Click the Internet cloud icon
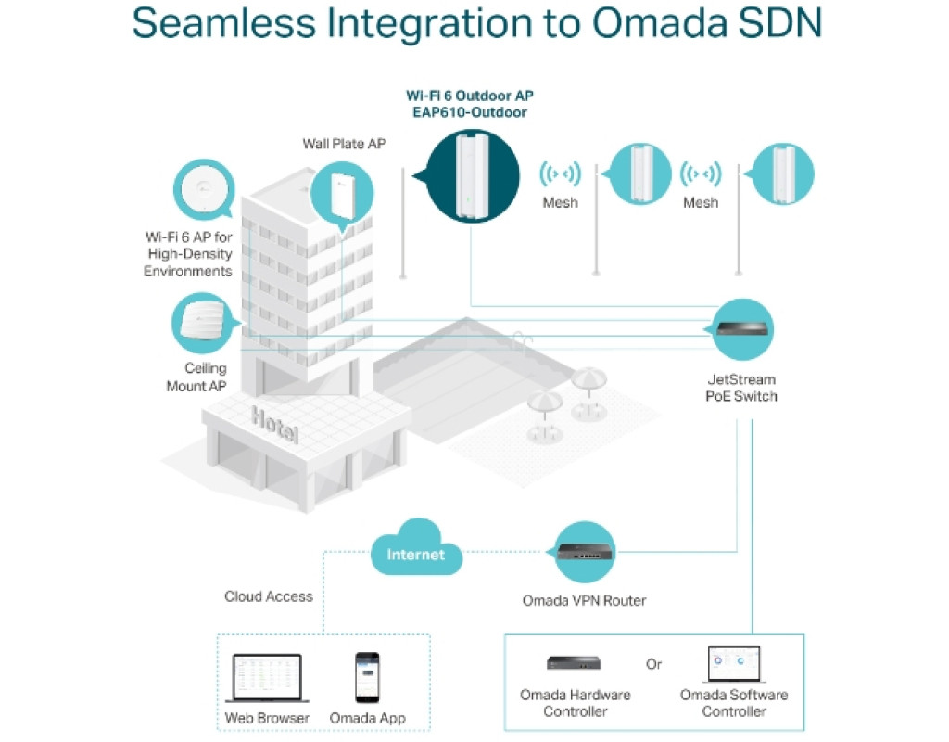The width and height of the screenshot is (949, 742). (416, 554)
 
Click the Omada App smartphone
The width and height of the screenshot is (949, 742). (367, 677)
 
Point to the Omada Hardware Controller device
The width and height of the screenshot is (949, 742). (575, 663)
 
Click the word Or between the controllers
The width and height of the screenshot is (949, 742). (654, 665)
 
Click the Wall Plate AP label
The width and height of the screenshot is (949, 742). (344, 144)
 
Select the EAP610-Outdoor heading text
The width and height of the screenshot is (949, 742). (470, 113)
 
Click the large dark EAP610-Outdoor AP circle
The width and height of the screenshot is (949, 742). (471, 175)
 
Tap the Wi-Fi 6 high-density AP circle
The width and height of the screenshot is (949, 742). (204, 191)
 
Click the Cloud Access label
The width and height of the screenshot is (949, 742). (269, 596)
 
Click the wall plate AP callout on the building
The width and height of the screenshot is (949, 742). (336, 194)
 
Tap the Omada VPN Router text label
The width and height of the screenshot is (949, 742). (584, 600)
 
